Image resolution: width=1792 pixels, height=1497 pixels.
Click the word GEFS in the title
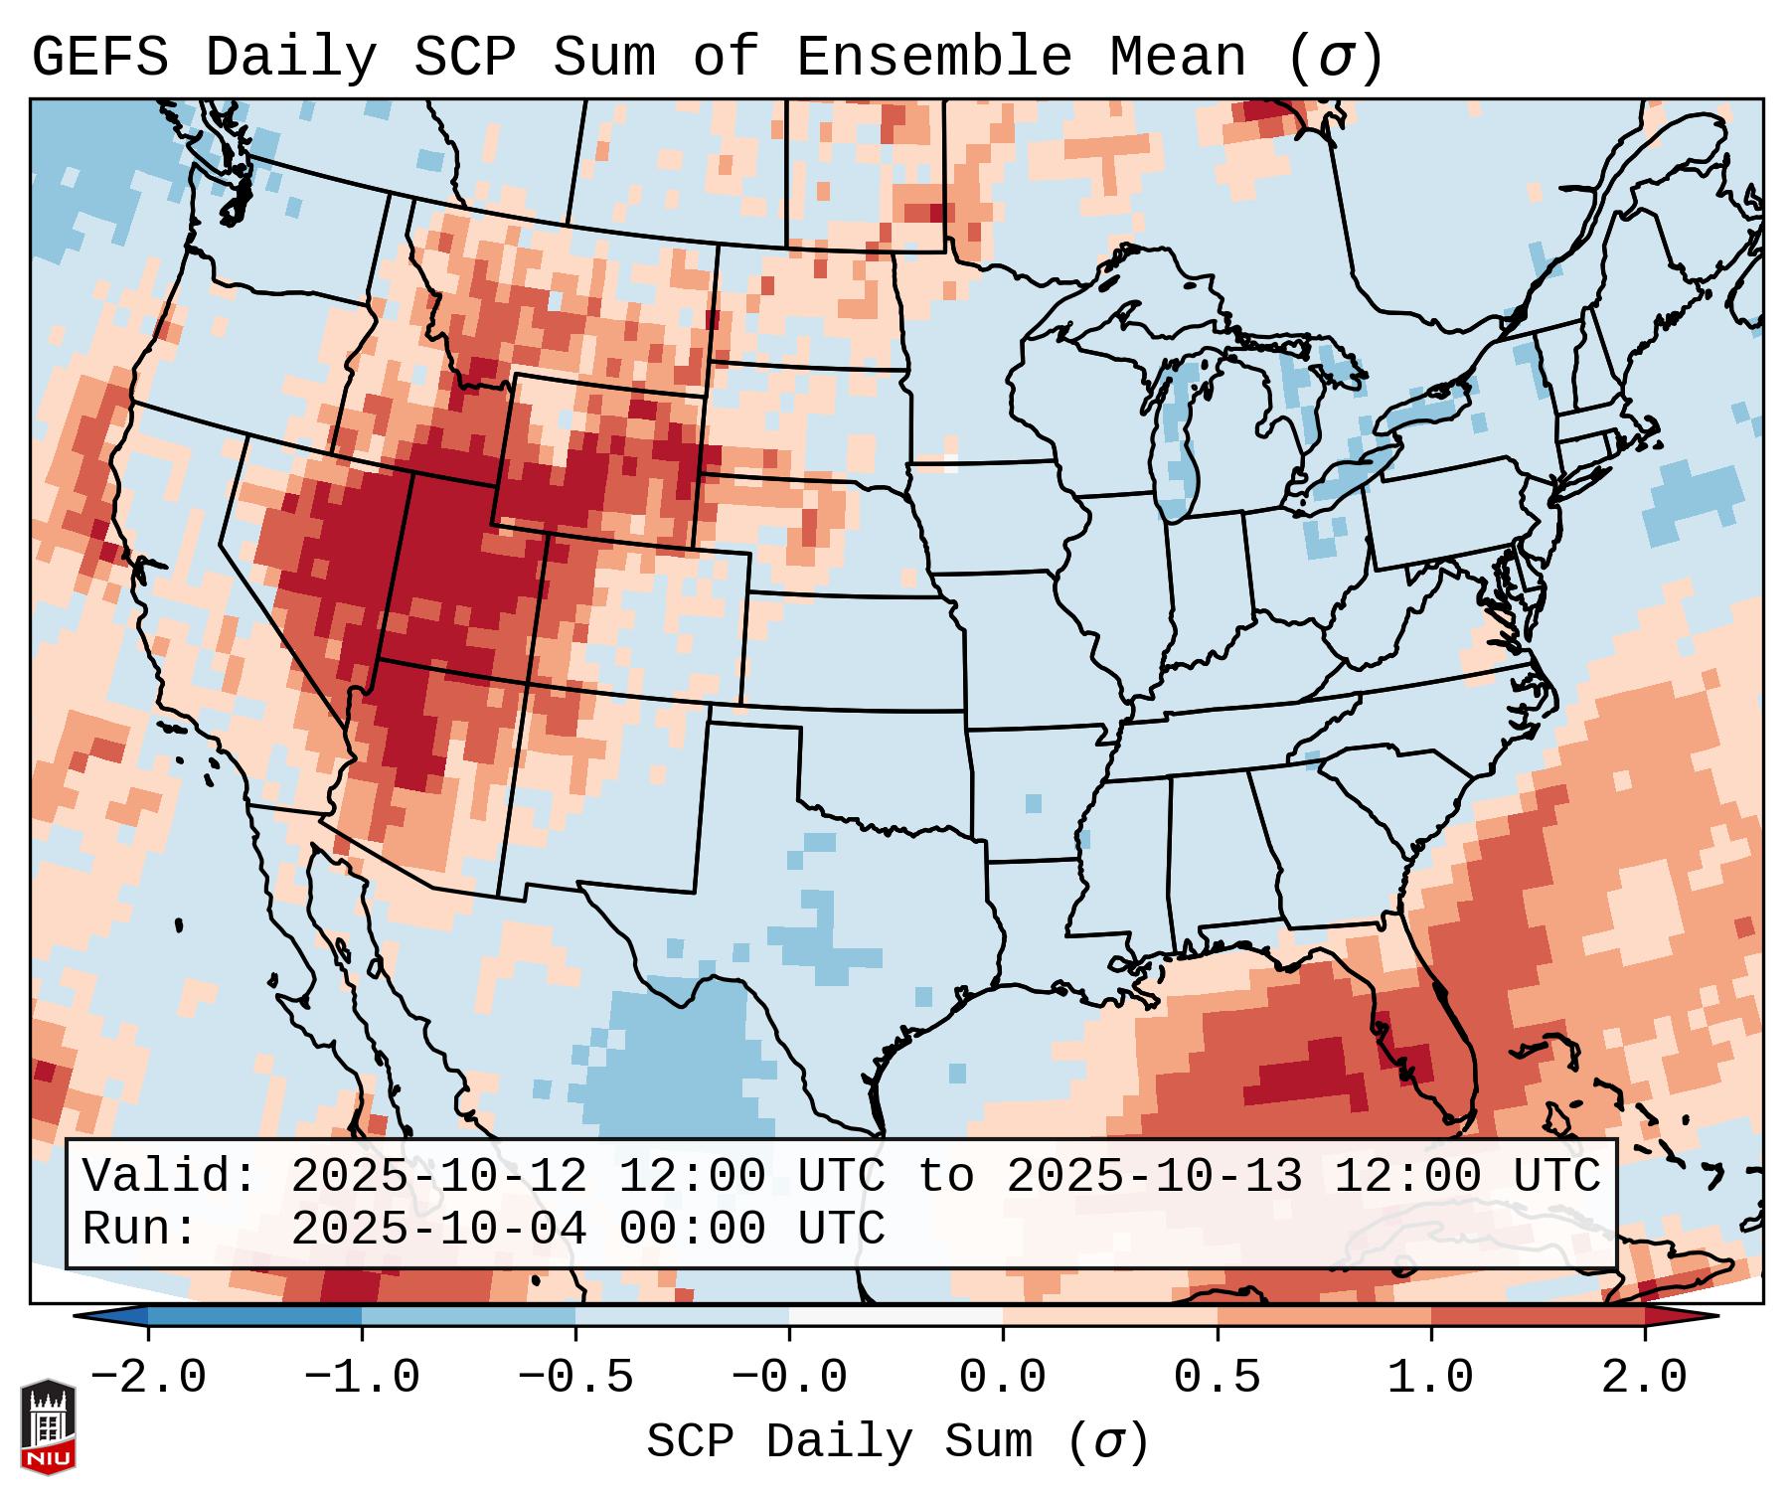click(x=100, y=57)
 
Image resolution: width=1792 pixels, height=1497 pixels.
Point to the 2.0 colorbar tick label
click(x=1644, y=1378)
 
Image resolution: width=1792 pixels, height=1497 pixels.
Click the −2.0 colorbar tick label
click(x=148, y=1378)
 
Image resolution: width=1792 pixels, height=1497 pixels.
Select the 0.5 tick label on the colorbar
click(x=1217, y=1378)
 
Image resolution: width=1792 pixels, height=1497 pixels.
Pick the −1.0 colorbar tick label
click(x=362, y=1378)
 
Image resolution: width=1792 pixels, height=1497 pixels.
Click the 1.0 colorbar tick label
click(x=1430, y=1378)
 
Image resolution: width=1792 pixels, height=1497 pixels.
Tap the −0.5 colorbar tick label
click(x=575, y=1378)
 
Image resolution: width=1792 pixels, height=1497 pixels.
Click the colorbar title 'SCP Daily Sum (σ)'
click(x=897, y=1442)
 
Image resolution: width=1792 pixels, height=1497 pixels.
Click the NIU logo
click(x=48, y=1426)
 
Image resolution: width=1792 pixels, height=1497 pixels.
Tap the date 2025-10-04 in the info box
click(x=438, y=1229)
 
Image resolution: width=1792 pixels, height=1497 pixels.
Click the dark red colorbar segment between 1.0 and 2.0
click(x=1538, y=1316)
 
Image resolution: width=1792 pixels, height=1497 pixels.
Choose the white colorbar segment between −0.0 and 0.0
click(x=896, y=1316)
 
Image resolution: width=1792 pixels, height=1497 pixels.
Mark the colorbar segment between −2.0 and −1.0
click(x=254, y=1316)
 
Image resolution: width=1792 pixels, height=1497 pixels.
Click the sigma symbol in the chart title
click(x=1334, y=59)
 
